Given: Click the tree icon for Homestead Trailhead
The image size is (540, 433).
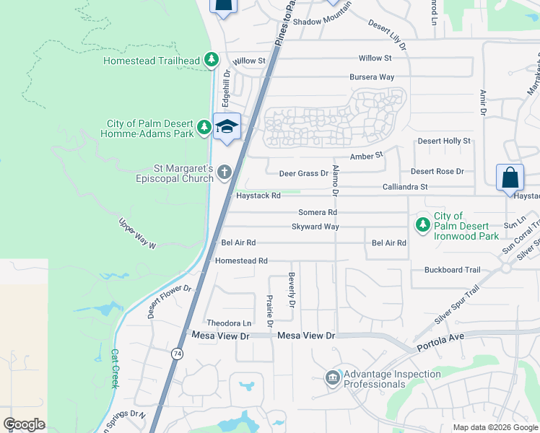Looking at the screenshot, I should pyautogui.click(x=212, y=61).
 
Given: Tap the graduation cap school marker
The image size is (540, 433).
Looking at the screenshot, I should pyautogui.click(x=227, y=126).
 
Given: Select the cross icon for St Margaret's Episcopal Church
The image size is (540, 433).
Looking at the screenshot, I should pyautogui.click(x=225, y=172).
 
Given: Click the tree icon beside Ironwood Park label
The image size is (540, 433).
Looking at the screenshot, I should pyautogui.click(x=422, y=225).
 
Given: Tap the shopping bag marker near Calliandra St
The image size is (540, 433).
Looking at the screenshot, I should pyautogui.click(x=509, y=178).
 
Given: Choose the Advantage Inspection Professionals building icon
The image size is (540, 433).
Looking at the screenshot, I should pyautogui.click(x=332, y=377).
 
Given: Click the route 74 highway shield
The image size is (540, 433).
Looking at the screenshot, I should pyautogui.click(x=177, y=354).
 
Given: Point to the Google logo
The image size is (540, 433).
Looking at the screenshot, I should pyautogui.click(x=24, y=424).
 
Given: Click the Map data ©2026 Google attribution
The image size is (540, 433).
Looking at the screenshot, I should pyautogui.click(x=495, y=427).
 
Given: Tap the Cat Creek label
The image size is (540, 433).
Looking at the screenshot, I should pyautogui.click(x=114, y=369).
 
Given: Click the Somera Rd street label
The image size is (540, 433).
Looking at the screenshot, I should pyautogui.click(x=318, y=213).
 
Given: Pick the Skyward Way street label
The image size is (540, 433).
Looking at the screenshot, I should pyautogui.click(x=315, y=227).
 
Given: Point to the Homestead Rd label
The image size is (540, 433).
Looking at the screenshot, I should pyautogui.click(x=241, y=261).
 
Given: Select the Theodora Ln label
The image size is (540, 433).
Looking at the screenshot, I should pyautogui.click(x=229, y=323).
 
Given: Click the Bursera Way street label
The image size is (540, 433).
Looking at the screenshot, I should pyautogui.click(x=372, y=76).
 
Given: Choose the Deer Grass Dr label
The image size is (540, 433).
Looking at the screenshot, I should pyautogui.click(x=304, y=173).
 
